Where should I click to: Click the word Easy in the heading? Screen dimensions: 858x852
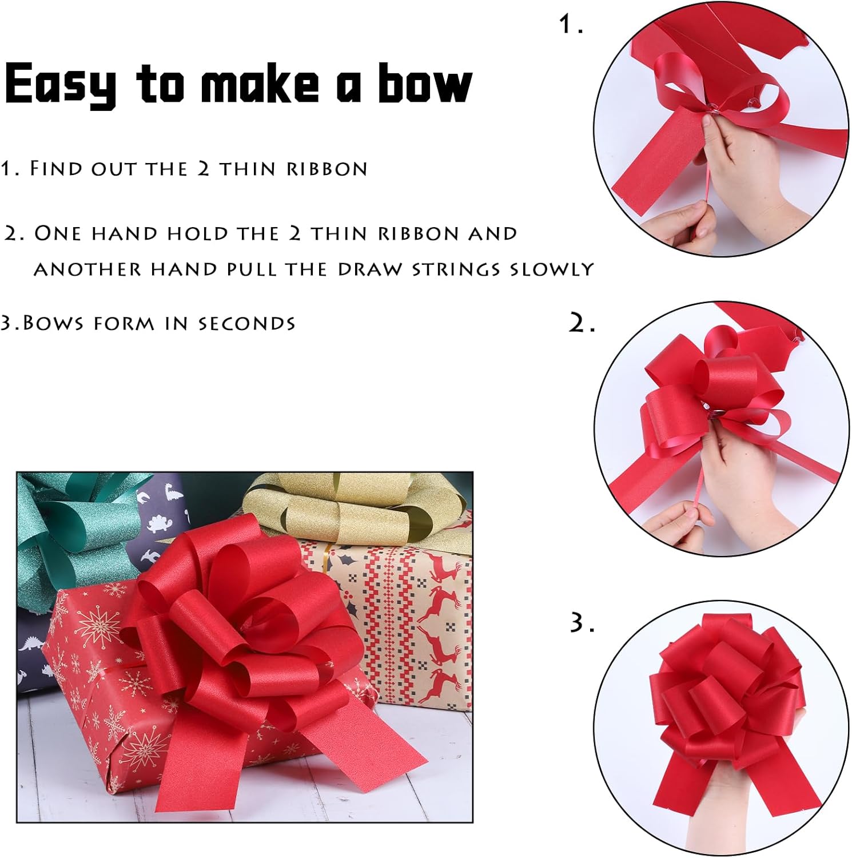(x=60, y=84)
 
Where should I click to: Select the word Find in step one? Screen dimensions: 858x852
(x=55, y=169)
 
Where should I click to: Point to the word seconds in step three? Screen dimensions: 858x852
(x=246, y=324)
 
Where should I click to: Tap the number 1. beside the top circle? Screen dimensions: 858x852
(x=571, y=25)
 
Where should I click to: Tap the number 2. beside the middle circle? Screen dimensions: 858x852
(x=582, y=324)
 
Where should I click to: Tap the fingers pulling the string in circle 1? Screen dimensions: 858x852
(x=686, y=220)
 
